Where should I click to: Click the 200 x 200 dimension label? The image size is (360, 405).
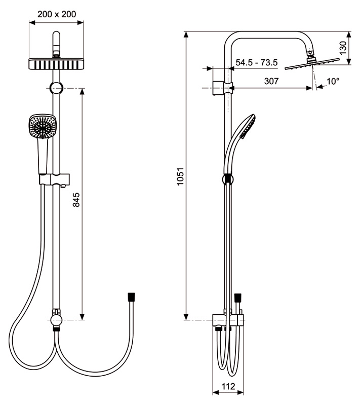coord(57,14)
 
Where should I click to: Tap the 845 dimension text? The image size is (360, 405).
coord(76,200)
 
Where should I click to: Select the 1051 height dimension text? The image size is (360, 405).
coord(180,176)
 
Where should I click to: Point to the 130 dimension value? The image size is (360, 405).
coord(343,48)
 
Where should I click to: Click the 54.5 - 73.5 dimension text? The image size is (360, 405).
coord(257,62)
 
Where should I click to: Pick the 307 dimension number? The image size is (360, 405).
coord(271,81)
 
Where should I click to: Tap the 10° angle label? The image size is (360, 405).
coord(333,82)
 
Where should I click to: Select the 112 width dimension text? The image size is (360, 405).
coord(228,386)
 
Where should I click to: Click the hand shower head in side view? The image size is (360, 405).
coord(247,126)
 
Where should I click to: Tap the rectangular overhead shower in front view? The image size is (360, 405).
coord(56,64)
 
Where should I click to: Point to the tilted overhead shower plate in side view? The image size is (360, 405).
coord(312,64)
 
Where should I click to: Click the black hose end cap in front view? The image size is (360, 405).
coord(131,297)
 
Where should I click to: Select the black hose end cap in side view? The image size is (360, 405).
coord(237,298)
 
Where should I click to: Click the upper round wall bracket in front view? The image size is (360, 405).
coord(56,88)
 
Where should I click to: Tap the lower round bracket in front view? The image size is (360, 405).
coord(56,320)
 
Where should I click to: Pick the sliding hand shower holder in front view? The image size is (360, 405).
coord(55,179)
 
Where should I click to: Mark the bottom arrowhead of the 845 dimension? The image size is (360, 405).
coord(82,317)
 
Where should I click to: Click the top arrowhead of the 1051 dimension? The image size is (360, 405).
coord(186,34)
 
